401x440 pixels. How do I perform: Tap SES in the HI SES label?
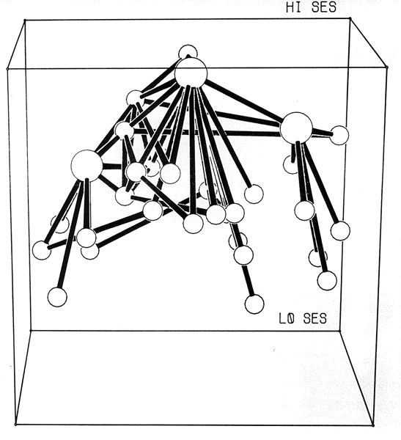pyautogui.click(x=324, y=7)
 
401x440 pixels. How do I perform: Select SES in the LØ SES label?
pyautogui.click(x=315, y=318)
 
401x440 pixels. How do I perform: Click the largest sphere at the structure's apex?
pyautogui.click(x=191, y=73)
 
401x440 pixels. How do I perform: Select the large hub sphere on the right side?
pyautogui.click(x=296, y=128)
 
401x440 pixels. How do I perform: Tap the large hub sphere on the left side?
pyautogui.click(x=87, y=166)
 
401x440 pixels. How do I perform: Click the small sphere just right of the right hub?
pyautogui.click(x=339, y=135)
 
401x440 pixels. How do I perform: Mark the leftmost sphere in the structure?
pyautogui.click(x=42, y=250)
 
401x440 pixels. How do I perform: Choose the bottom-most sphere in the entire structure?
pyautogui.click(x=254, y=304)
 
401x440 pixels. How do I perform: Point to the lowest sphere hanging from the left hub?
pyautogui.click(x=57, y=297)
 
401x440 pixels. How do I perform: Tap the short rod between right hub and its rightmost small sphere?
pyautogui.click(x=321, y=132)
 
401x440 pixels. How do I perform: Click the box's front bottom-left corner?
pyautogui.click(x=15, y=425)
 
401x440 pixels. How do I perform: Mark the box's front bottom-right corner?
pyautogui.click(x=373, y=425)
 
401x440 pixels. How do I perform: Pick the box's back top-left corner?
pyautogui.click(x=25, y=20)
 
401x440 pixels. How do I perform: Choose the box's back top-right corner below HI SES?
pyautogui.click(x=350, y=18)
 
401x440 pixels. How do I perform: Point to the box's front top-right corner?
pyautogui.click(x=387, y=67)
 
